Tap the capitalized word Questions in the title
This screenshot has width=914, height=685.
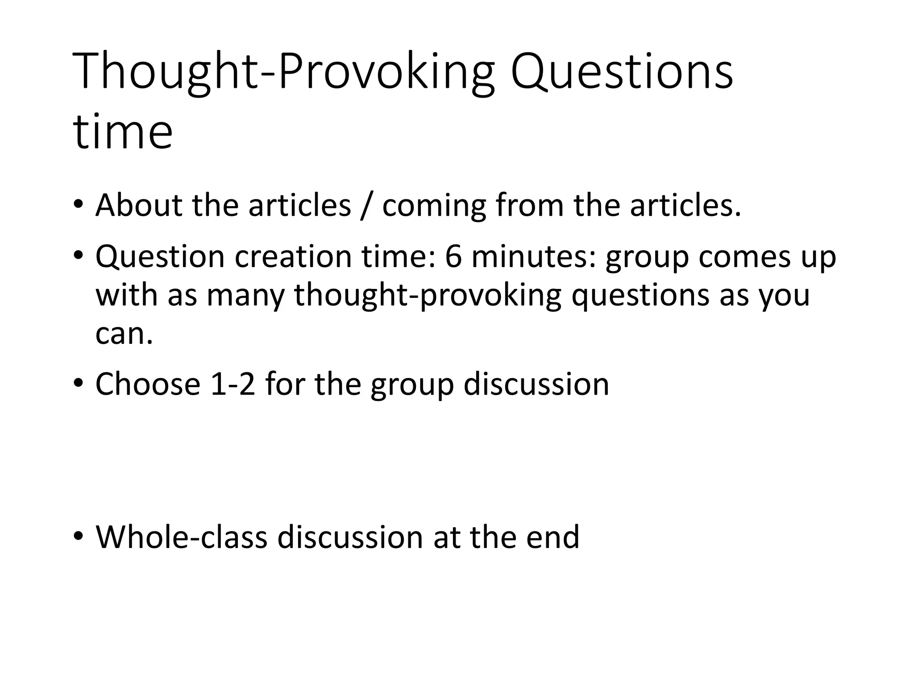pos(622,72)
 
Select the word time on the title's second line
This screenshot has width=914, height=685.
pos(122,132)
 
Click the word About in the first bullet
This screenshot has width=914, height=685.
pos(139,206)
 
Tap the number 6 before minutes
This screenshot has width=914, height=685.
pos(453,257)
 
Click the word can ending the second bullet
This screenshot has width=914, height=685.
pos(124,334)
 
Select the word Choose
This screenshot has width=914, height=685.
pos(148,384)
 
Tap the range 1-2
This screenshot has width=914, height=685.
pos(233,384)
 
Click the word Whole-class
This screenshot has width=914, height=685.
pos(181,537)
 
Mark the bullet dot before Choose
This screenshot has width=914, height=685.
pos(79,384)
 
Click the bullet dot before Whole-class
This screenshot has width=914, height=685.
pos(79,536)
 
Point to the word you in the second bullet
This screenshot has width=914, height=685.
pos(784,296)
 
